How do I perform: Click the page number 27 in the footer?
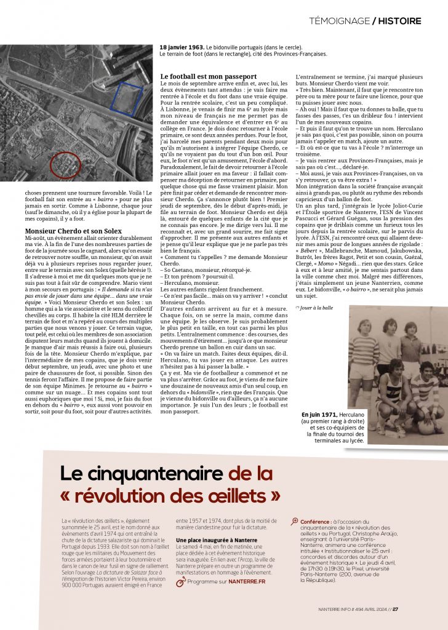395,610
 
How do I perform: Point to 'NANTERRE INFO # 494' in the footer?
338,610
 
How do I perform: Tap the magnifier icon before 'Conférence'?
295,520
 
